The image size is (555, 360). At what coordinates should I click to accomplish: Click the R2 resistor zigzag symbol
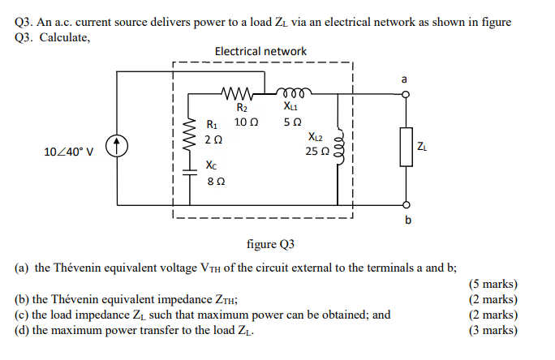click(x=242, y=92)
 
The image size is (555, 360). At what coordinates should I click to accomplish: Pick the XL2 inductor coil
click(x=339, y=150)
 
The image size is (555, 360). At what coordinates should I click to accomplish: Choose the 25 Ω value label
click(x=317, y=151)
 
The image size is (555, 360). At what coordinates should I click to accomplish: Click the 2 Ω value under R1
click(x=213, y=139)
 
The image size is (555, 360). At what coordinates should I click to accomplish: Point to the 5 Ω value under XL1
click(x=292, y=122)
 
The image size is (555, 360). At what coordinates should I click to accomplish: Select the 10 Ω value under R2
click(x=246, y=122)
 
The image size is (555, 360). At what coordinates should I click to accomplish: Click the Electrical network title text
click(x=260, y=51)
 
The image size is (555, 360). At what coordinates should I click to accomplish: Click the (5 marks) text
click(x=493, y=284)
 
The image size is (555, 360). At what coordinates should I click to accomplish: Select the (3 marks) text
click(x=493, y=330)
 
